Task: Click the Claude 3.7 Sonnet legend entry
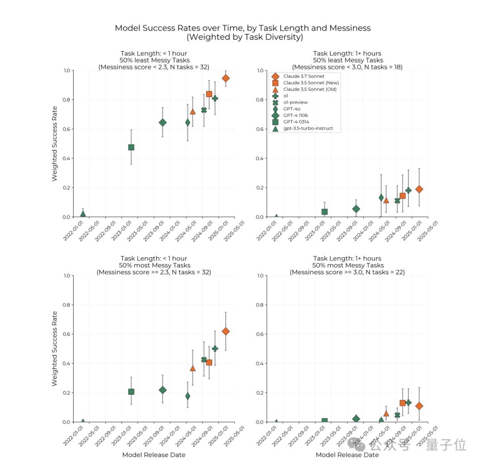(303, 76)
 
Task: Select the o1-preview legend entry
(295, 102)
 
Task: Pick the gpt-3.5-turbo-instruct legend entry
(308, 128)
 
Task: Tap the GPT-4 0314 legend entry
(296, 122)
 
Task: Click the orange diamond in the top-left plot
(226, 78)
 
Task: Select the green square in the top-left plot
(131, 147)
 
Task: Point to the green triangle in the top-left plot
(83, 214)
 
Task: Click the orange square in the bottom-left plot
(209, 362)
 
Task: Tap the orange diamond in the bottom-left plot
(226, 331)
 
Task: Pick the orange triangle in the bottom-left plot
(193, 368)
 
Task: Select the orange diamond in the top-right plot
(419, 189)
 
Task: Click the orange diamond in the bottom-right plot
(419, 406)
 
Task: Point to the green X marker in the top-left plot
(204, 110)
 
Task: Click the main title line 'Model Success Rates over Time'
(242, 28)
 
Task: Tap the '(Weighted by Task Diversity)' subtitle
(242, 37)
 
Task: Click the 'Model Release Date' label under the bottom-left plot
(154, 455)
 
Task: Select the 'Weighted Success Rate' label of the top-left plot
(54, 144)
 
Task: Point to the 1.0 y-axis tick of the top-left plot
(66, 70)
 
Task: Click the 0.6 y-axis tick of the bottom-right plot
(260, 334)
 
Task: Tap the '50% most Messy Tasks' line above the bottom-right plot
(347, 265)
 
